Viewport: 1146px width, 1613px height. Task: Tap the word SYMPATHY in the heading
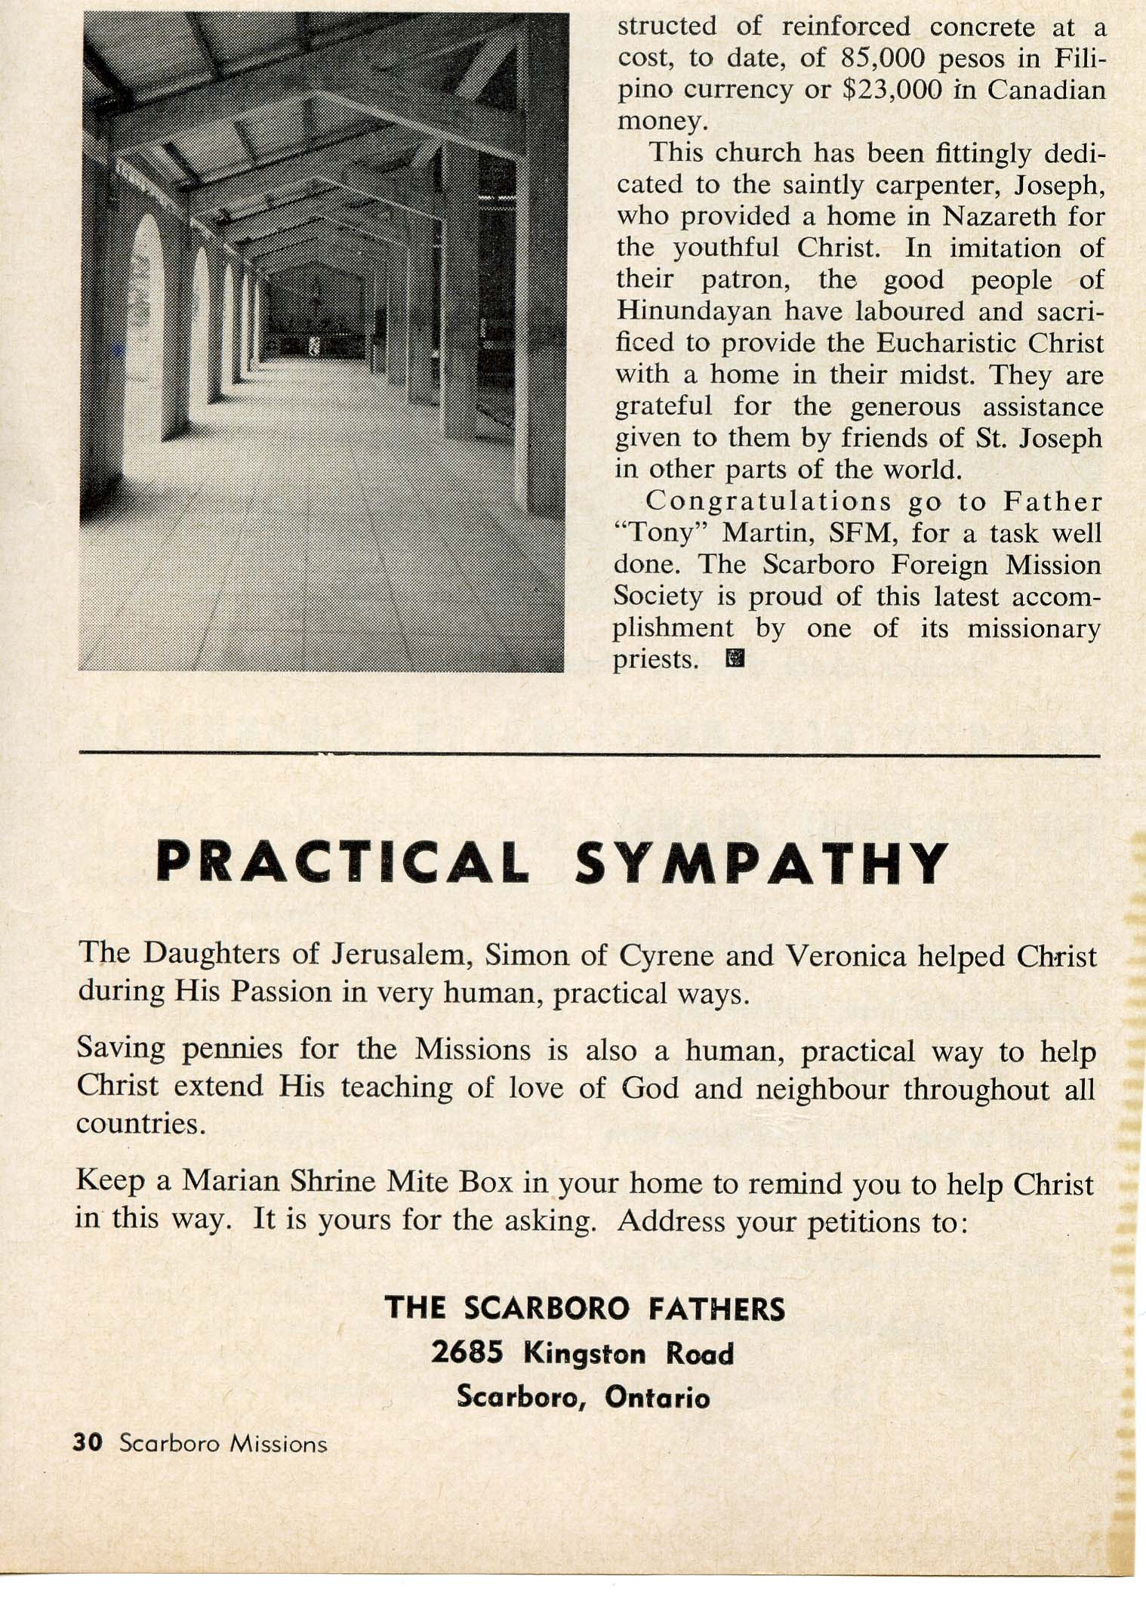(761, 863)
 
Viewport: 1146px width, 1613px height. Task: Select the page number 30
(88, 1442)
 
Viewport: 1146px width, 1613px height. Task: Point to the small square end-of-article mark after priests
(734, 659)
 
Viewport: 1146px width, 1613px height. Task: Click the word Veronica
(845, 955)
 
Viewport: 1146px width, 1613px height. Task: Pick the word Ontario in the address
(657, 1397)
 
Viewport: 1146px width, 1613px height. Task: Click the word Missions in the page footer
(279, 1444)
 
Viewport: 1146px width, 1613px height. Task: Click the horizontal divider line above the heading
(589, 754)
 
